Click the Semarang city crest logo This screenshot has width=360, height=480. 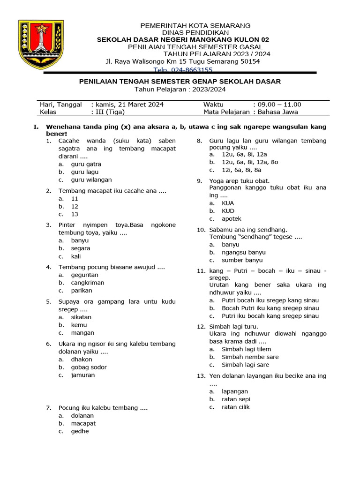point(42,45)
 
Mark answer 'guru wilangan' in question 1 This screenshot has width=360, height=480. point(91,180)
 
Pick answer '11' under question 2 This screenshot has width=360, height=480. point(75,198)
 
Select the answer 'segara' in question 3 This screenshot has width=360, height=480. point(81,248)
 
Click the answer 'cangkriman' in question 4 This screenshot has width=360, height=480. point(88,283)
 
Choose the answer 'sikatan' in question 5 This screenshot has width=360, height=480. point(81,317)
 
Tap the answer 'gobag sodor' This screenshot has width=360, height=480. point(89,367)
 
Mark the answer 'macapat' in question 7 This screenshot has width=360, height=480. point(83,423)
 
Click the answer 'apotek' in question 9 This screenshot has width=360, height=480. point(232,219)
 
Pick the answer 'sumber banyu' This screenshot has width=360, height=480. point(242,260)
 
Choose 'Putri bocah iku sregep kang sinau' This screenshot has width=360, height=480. point(270,300)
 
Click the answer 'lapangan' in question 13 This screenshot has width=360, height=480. point(235,391)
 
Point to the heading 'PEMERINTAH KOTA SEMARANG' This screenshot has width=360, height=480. point(196,25)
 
